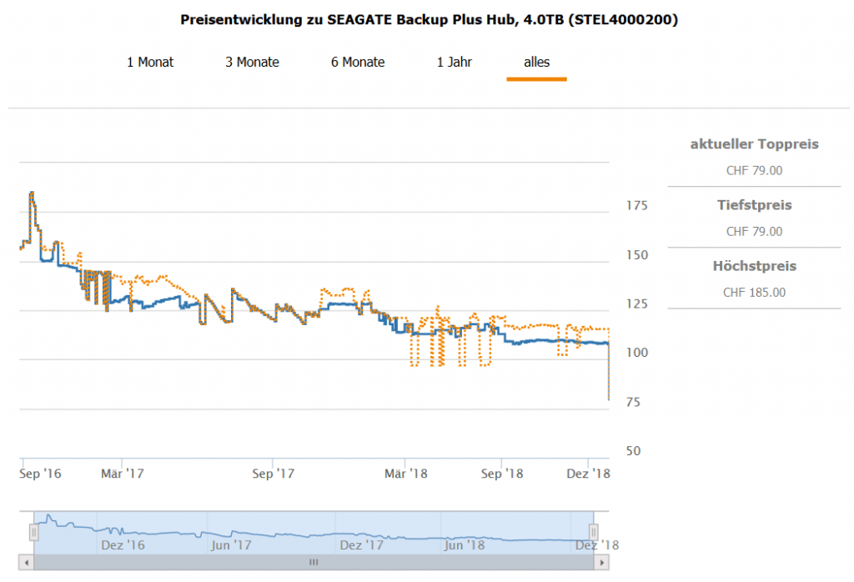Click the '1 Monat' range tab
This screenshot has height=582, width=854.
click(150, 62)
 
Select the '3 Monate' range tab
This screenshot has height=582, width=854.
click(252, 62)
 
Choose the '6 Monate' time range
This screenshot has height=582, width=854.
click(358, 62)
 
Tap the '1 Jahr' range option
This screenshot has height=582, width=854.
click(455, 62)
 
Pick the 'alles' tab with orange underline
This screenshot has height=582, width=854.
click(536, 62)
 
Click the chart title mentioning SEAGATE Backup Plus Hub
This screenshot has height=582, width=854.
click(429, 19)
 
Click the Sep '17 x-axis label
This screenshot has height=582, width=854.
click(274, 474)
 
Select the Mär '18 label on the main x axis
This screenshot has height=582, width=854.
click(406, 474)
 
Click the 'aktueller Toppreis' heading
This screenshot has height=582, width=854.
click(754, 144)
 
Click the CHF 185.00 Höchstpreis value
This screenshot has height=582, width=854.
click(754, 292)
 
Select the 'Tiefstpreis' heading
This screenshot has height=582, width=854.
click(754, 205)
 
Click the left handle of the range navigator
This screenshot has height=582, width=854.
click(34, 531)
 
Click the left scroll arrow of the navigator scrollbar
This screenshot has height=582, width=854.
click(26, 563)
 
